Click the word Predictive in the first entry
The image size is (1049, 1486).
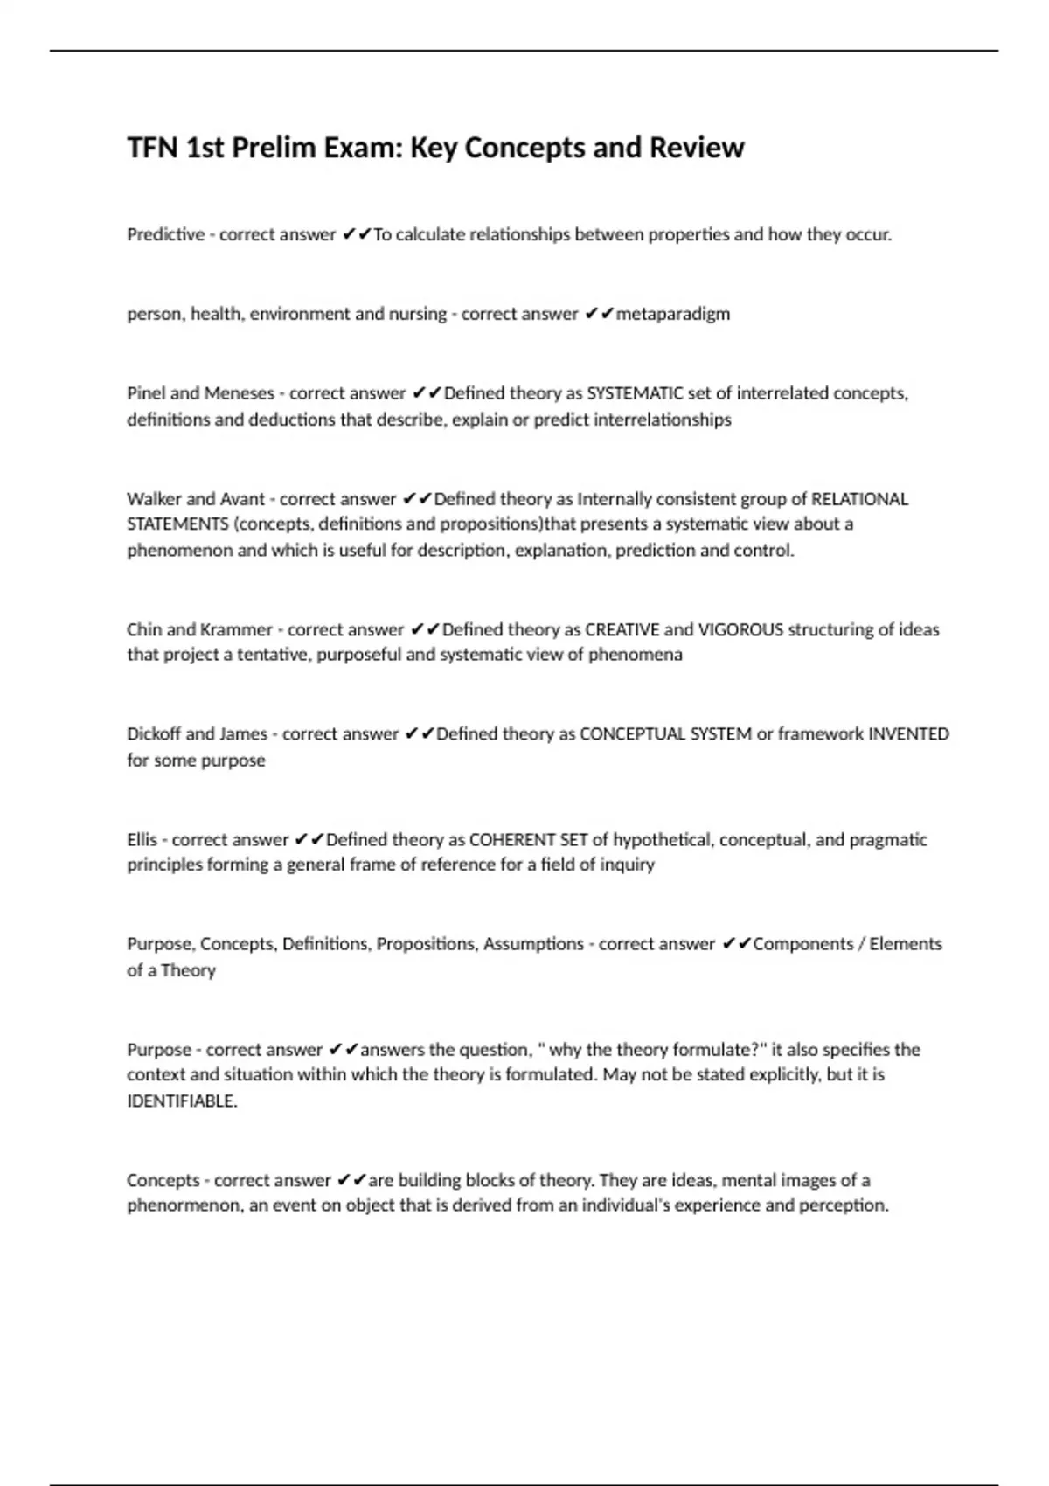pos(165,234)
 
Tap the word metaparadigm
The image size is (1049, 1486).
pos(672,314)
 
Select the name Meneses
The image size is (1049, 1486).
pos(239,393)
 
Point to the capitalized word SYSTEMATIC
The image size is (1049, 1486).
pos(635,393)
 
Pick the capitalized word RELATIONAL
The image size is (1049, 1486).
pos(859,499)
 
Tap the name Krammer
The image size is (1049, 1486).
pos(236,629)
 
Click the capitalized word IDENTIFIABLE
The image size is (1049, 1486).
pos(181,1101)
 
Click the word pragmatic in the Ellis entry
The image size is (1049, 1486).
pos(888,840)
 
